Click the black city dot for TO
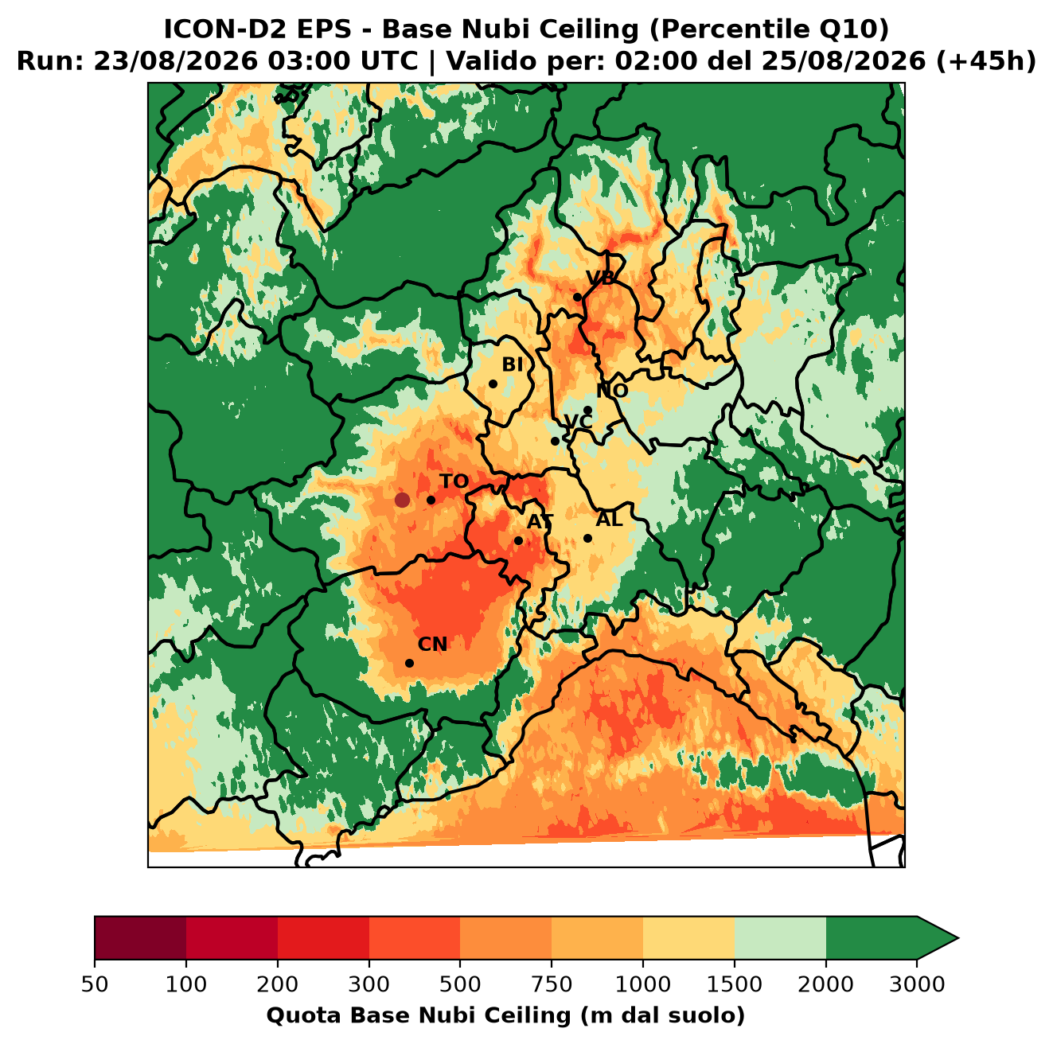click(x=431, y=500)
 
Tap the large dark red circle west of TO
click(x=402, y=500)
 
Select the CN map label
click(x=432, y=645)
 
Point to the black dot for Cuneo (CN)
click(x=409, y=663)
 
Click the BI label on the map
click(x=513, y=364)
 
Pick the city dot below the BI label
click(x=493, y=384)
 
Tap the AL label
click(x=610, y=520)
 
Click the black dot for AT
click(x=519, y=541)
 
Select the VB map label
click(x=600, y=278)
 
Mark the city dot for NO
click(x=588, y=411)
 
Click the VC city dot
click(x=556, y=441)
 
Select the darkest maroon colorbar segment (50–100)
click(x=140, y=937)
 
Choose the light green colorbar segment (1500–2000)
click(x=780, y=937)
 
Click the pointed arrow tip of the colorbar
click(x=958, y=938)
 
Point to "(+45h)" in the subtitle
click(x=986, y=61)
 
